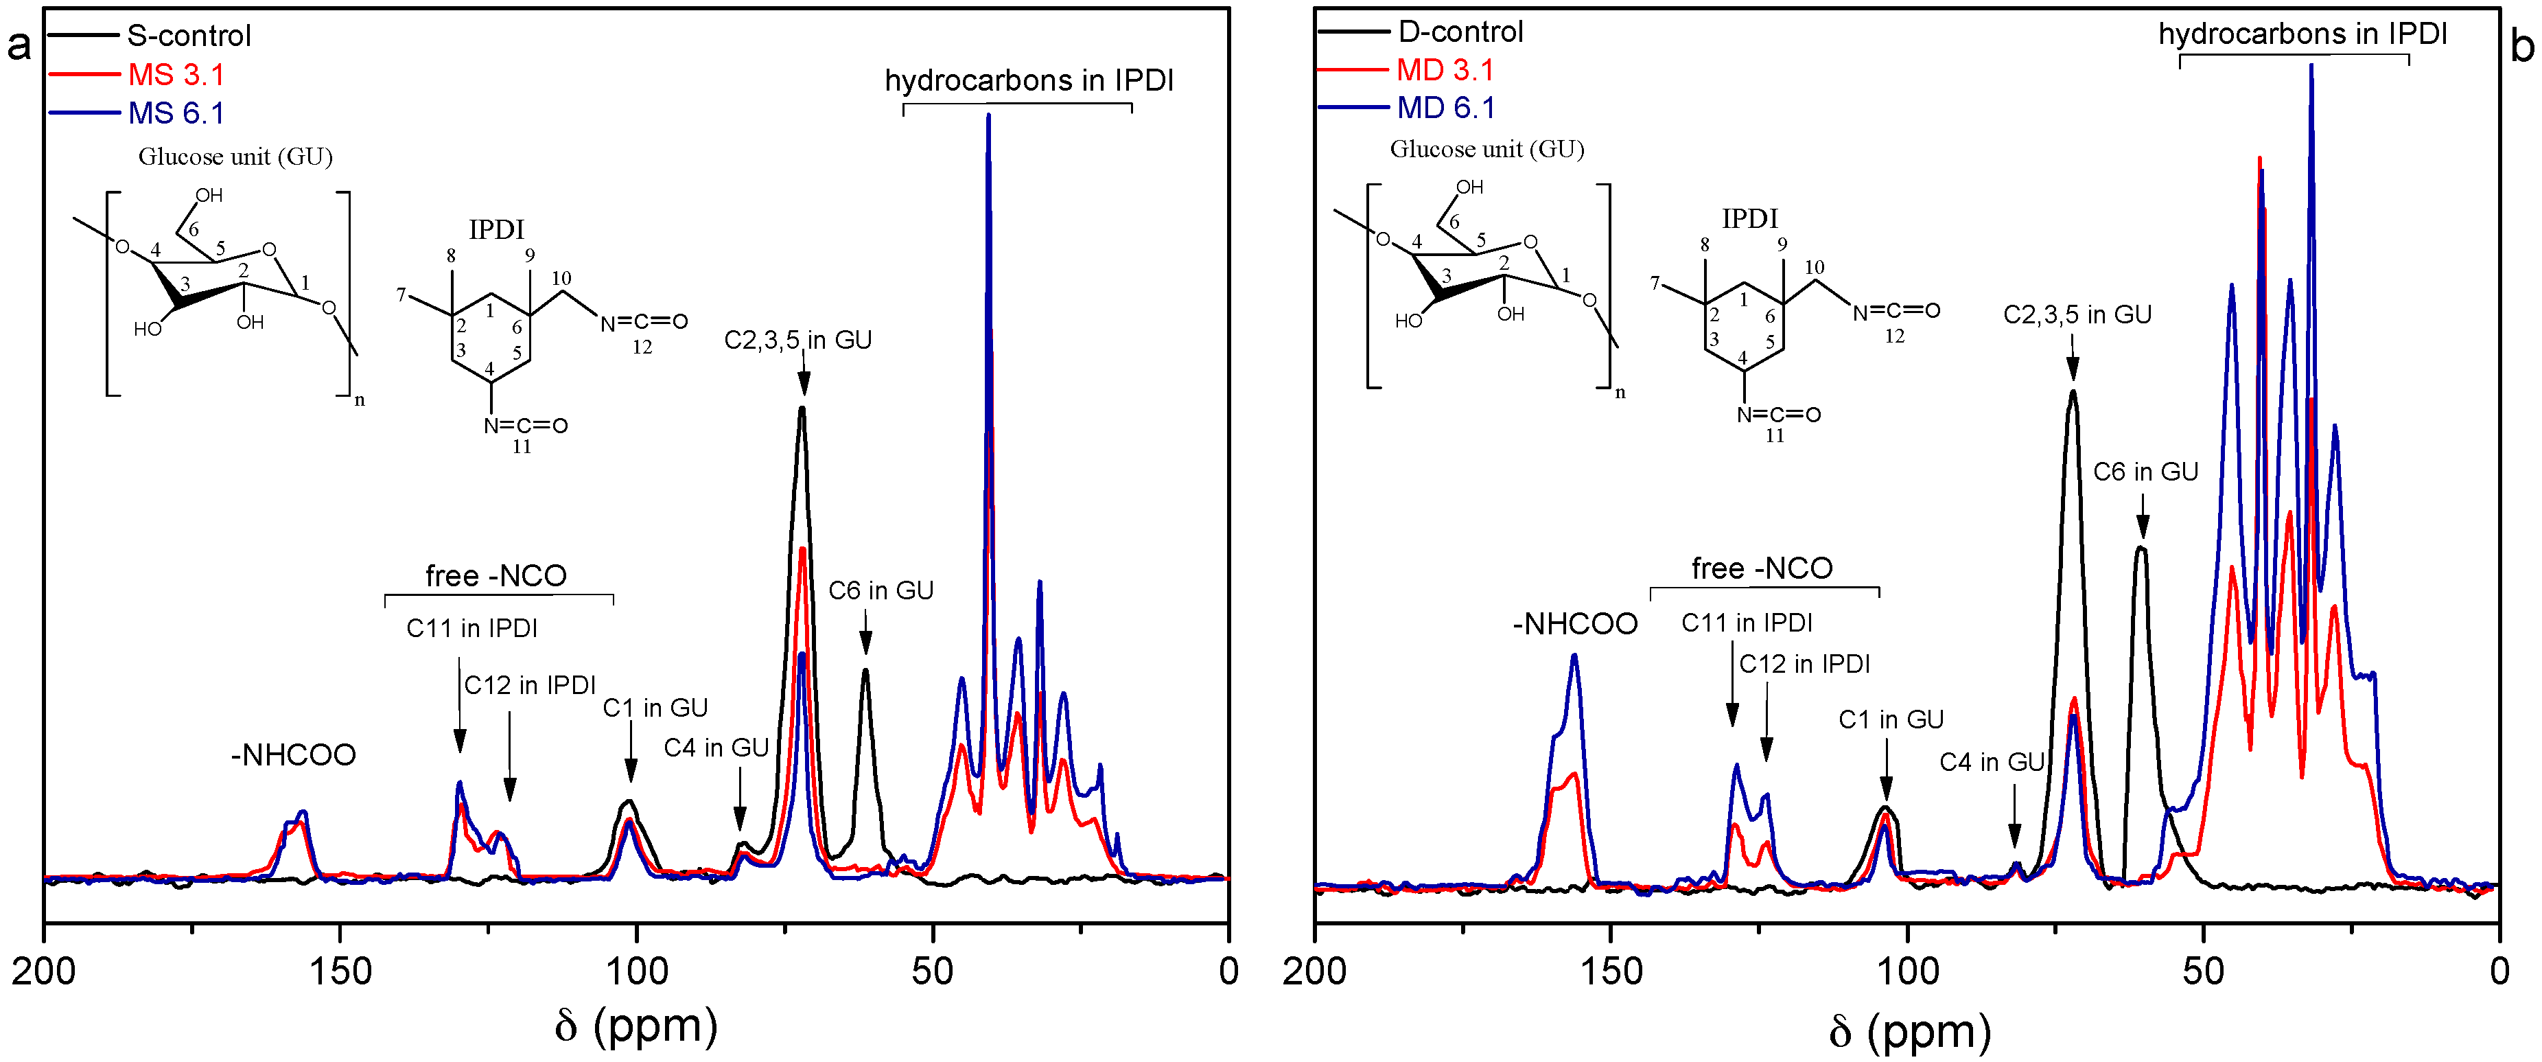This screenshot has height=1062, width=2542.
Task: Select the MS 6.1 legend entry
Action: click(x=176, y=113)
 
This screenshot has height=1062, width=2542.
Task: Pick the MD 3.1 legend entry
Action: click(x=1445, y=70)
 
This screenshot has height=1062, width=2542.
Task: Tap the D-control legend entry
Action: click(x=1460, y=32)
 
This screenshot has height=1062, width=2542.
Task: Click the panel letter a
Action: click(x=19, y=45)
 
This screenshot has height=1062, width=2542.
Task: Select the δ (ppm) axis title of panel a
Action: click(x=636, y=1026)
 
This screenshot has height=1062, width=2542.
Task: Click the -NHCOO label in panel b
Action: click(x=1575, y=624)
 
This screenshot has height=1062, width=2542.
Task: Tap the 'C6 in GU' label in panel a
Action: click(x=881, y=590)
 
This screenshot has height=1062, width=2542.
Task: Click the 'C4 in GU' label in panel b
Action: click(x=1992, y=762)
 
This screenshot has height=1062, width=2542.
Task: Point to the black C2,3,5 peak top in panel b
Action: click(x=2073, y=392)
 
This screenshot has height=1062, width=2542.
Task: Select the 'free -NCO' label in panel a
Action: click(x=495, y=575)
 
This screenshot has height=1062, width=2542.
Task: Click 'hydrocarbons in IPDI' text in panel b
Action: click(x=2302, y=34)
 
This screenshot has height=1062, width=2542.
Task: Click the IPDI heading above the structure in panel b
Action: click(x=1749, y=218)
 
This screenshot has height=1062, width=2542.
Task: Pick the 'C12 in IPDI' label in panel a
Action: click(x=530, y=685)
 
